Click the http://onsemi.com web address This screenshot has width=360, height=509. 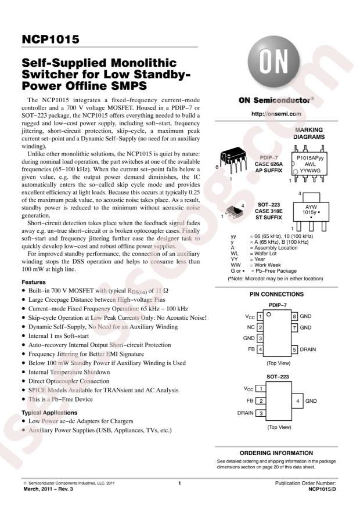(272, 114)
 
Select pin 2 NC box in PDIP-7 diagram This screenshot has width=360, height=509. (261, 327)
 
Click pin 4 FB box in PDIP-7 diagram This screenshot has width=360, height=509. (261, 349)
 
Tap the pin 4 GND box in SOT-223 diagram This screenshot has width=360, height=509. (297, 400)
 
